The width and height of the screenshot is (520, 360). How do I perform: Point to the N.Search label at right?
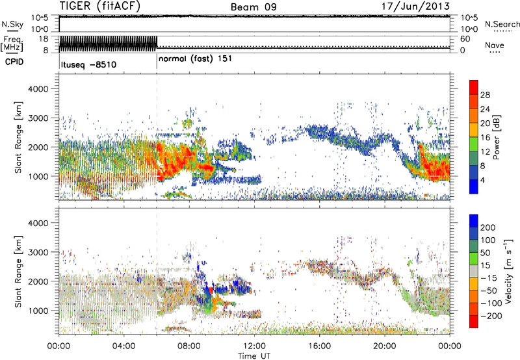click(x=501, y=24)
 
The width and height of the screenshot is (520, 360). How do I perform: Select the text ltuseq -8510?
click(x=88, y=64)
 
